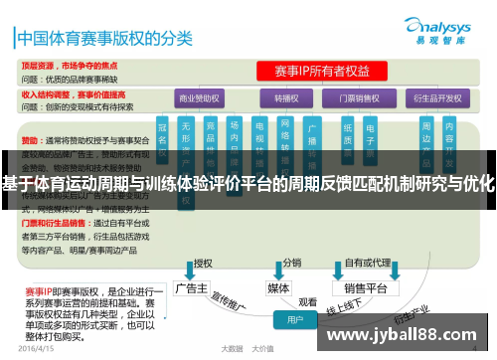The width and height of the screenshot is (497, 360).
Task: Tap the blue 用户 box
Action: tap(295, 320)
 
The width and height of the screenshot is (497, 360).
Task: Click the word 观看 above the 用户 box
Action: tap(308, 301)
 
